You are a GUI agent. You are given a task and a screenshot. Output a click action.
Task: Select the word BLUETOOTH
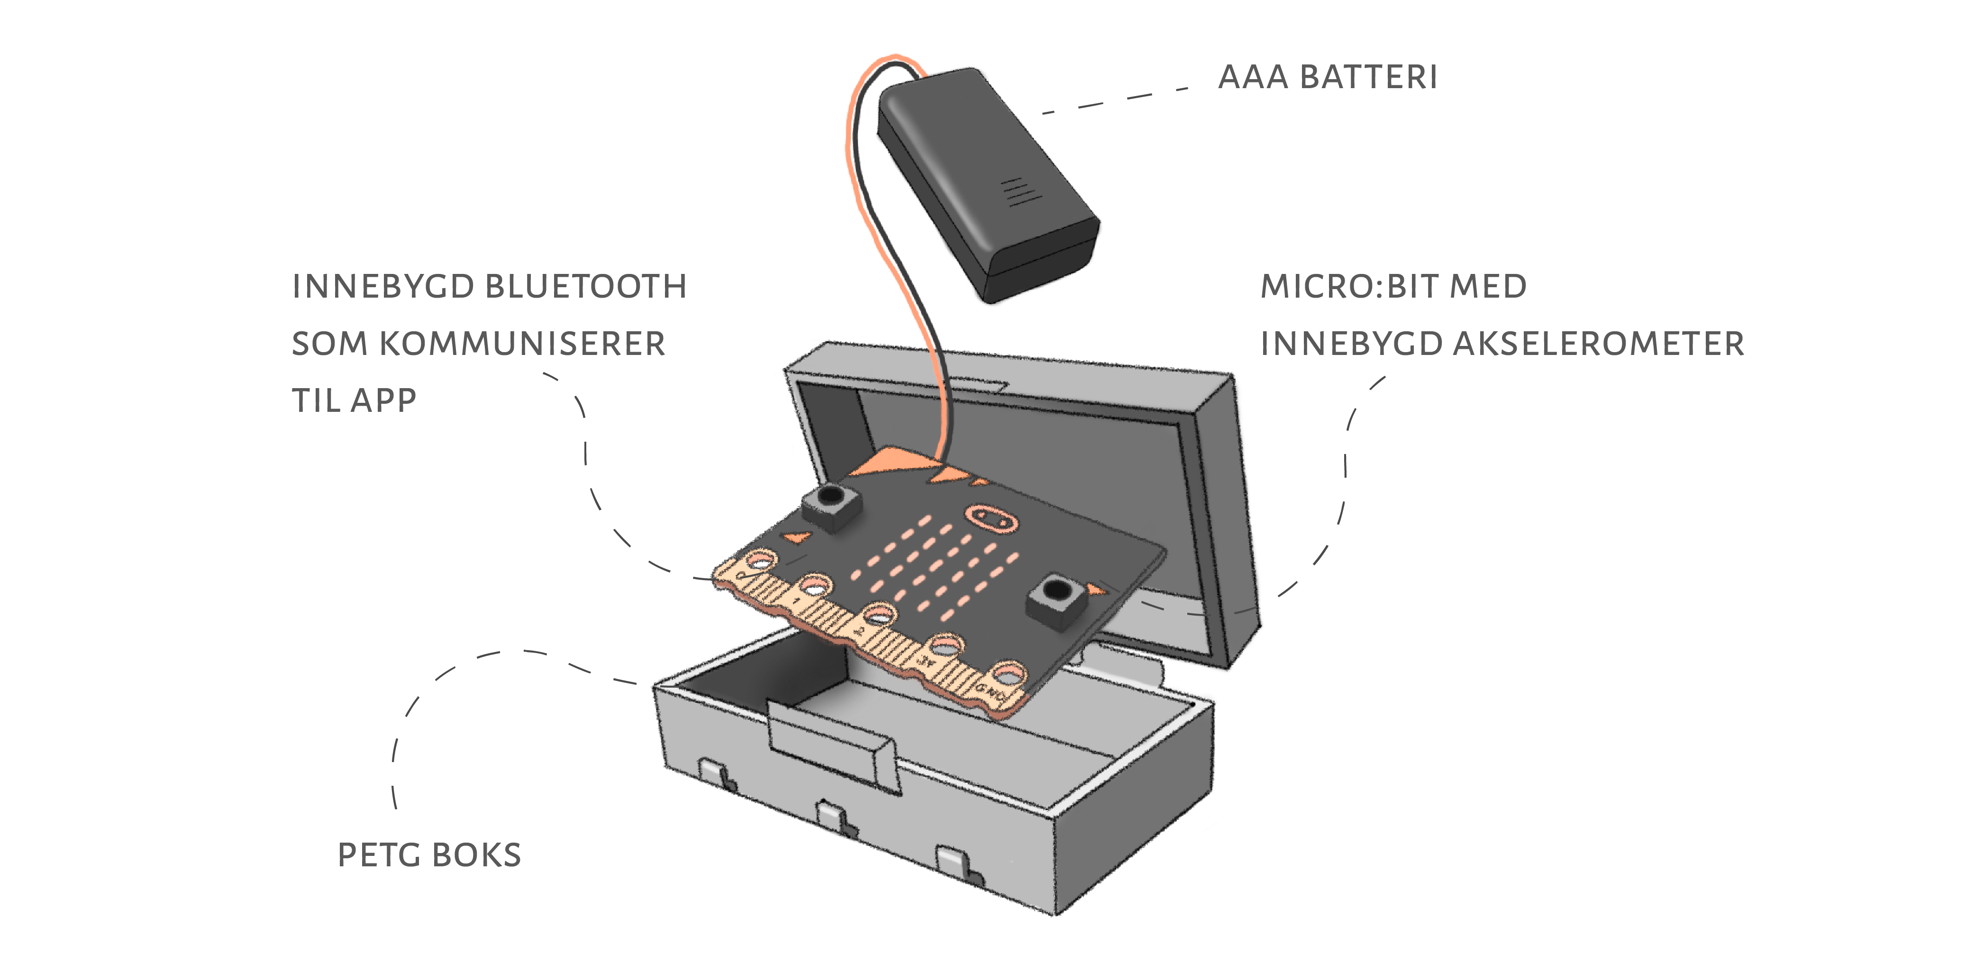[586, 287]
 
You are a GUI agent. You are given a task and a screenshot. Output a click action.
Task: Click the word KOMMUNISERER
[522, 344]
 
